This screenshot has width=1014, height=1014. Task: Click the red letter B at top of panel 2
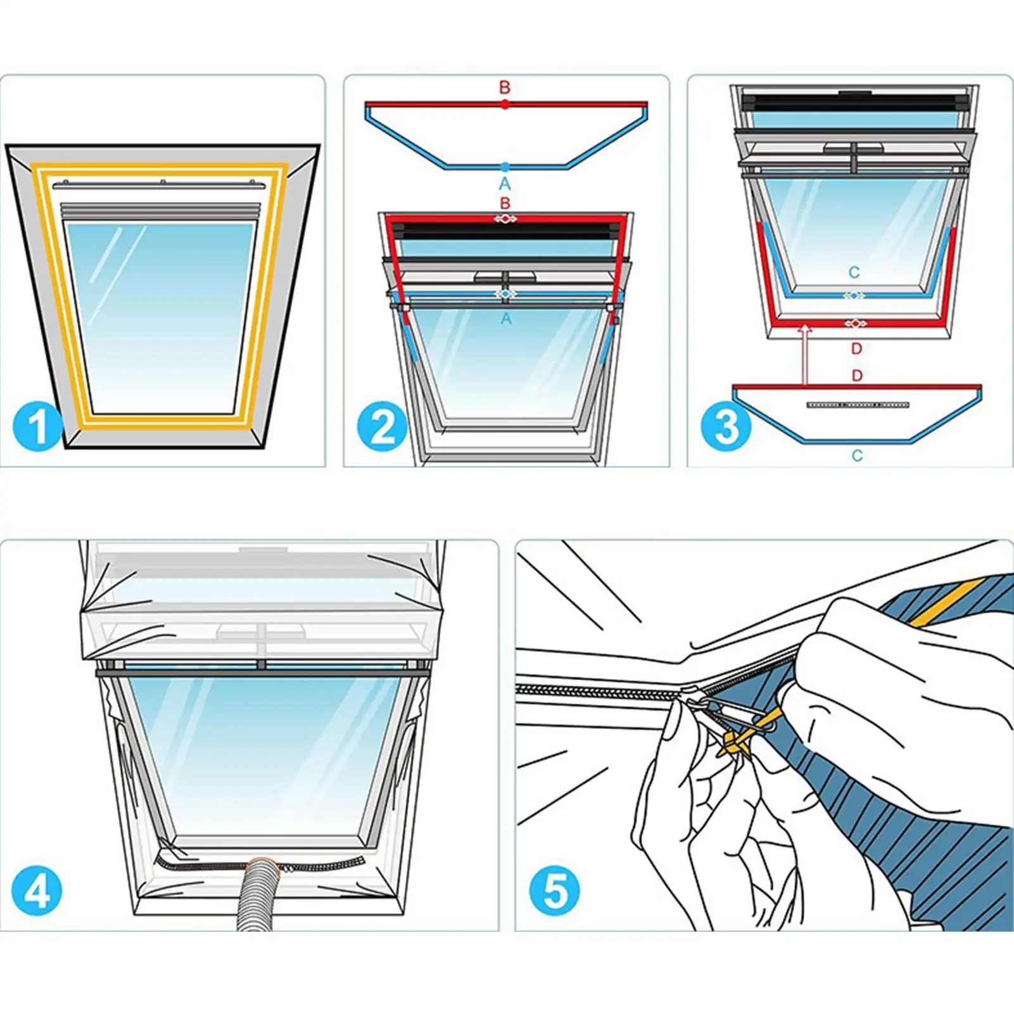(x=505, y=87)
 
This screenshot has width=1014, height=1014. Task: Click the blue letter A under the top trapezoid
(x=505, y=184)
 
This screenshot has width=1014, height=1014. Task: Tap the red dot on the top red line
(x=505, y=105)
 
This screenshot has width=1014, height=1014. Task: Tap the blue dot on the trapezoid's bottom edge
(x=505, y=167)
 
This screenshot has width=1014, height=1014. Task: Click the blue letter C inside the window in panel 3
(x=854, y=273)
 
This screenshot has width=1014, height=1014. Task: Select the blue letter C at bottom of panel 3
(x=857, y=455)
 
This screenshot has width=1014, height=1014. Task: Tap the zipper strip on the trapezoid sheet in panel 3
(x=858, y=405)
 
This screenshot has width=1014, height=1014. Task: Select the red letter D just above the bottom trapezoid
(x=857, y=376)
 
